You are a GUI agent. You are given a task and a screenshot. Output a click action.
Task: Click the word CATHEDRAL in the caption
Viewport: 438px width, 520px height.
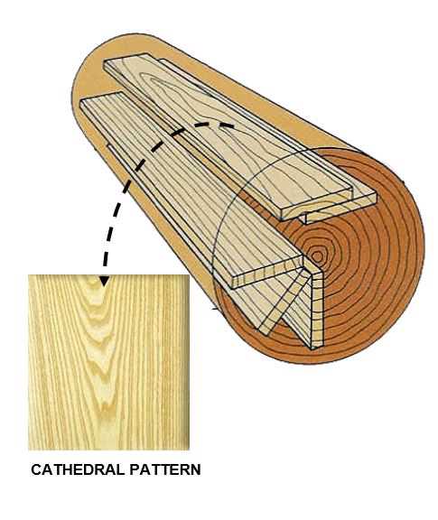tap(78, 469)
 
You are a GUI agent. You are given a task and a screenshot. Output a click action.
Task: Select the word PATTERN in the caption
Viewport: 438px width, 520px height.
tap(165, 469)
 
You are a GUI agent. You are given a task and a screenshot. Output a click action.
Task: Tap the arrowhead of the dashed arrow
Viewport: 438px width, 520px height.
tap(104, 281)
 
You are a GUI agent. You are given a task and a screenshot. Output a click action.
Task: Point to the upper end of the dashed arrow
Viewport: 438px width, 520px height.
tap(233, 126)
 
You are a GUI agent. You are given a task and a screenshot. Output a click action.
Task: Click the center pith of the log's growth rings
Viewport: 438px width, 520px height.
tap(317, 256)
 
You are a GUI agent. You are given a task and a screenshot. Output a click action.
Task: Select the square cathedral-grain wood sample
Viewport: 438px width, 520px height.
tap(109, 362)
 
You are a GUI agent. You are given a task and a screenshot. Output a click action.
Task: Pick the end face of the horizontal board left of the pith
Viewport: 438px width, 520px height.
tap(267, 274)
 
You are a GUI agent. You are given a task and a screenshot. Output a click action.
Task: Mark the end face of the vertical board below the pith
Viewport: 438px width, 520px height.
tap(317, 310)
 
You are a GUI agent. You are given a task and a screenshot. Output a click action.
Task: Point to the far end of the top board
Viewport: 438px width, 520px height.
tap(127, 60)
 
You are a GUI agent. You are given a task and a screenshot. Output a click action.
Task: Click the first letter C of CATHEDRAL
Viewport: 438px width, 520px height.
tap(36, 469)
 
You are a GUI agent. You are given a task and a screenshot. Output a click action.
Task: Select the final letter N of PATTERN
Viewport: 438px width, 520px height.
tap(195, 469)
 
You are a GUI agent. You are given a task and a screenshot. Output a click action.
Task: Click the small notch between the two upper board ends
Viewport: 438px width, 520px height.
tap(306, 218)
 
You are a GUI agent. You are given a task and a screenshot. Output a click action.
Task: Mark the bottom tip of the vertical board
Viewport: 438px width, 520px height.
tap(312, 348)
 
